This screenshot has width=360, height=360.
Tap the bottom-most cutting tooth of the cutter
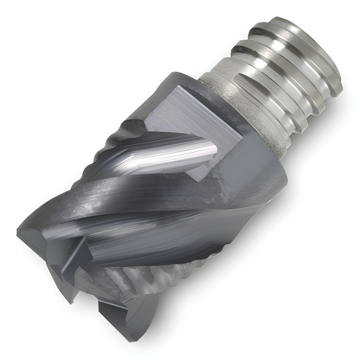pos(126,317)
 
